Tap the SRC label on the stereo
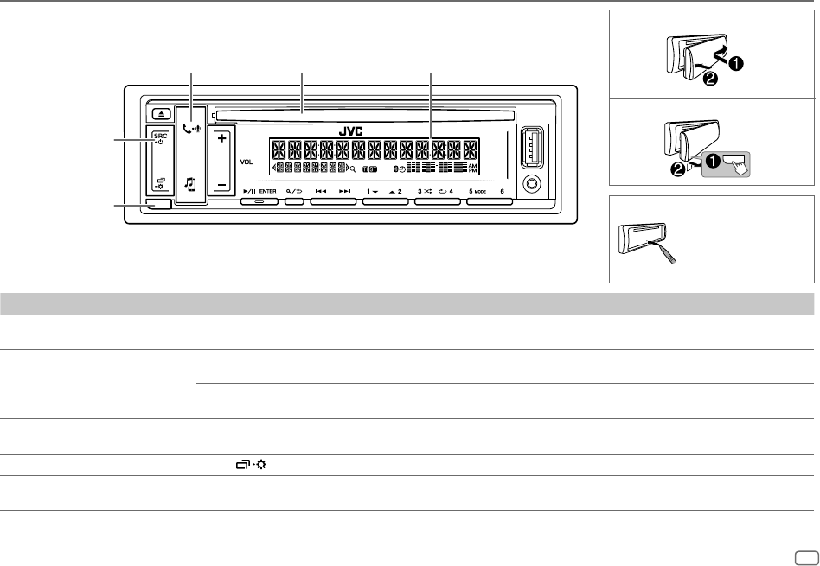click(x=161, y=136)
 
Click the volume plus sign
click(x=221, y=138)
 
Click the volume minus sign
click(x=221, y=184)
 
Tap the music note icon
click(x=190, y=183)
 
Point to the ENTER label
click(x=267, y=190)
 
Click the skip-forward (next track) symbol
click(x=345, y=190)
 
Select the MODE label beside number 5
click(x=482, y=190)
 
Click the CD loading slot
click(x=362, y=112)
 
